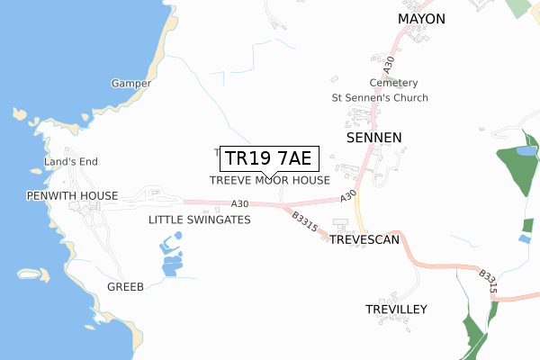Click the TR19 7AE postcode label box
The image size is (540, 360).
pyautogui.click(x=267, y=158)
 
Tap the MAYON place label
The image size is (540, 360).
pyautogui.click(x=422, y=17)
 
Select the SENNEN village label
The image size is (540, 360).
pyautogui.click(x=373, y=137)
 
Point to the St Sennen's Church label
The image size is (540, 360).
pyautogui.click(x=380, y=97)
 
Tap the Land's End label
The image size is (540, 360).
pyautogui.click(x=71, y=162)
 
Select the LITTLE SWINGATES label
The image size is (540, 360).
pyautogui.click(x=199, y=220)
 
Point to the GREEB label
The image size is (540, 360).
pyautogui.click(x=125, y=287)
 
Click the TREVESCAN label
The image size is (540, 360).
pyautogui.click(x=364, y=240)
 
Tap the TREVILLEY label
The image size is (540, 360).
pyautogui.click(x=396, y=309)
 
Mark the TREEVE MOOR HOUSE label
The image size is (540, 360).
pyautogui.click(x=270, y=180)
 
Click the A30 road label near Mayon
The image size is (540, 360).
pyautogui.click(x=389, y=65)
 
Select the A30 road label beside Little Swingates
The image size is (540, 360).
pyautogui.click(x=238, y=203)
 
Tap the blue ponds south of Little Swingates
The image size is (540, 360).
pyautogui.click(x=169, y=257)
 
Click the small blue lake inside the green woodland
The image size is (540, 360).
pyautogui.click(x=525, y=149)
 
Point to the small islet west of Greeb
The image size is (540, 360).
pyautogui.click(x=32, y=274)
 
